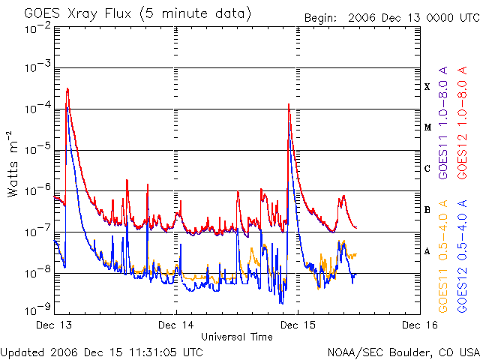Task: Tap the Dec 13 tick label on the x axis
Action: point(55,325)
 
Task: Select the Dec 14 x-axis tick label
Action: point(176,325)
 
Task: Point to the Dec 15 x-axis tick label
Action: point(298,325)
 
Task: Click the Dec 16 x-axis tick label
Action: point(419,325)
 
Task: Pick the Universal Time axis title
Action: point(236,337)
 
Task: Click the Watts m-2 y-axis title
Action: point(13,163)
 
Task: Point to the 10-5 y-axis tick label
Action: point(37,149)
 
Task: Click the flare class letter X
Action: point(427,86)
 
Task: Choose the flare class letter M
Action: point(427,127)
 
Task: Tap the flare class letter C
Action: point(427,169)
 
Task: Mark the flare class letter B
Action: point(427,210)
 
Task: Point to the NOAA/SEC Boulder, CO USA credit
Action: point(403,352)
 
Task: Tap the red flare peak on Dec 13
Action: point(67,88)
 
